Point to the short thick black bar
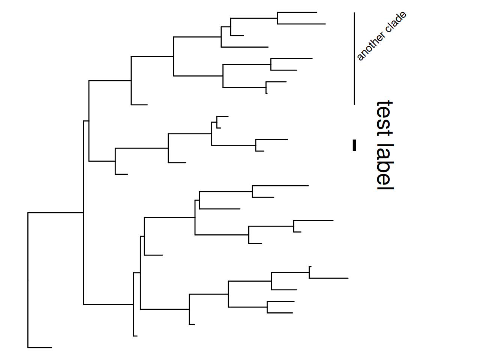354,145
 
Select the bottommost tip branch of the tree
40,348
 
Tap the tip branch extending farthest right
328,278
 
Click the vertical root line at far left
28,280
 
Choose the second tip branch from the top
301,24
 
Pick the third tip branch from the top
237,36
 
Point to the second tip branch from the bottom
135,336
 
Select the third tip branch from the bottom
192,324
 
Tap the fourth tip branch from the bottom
280,313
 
